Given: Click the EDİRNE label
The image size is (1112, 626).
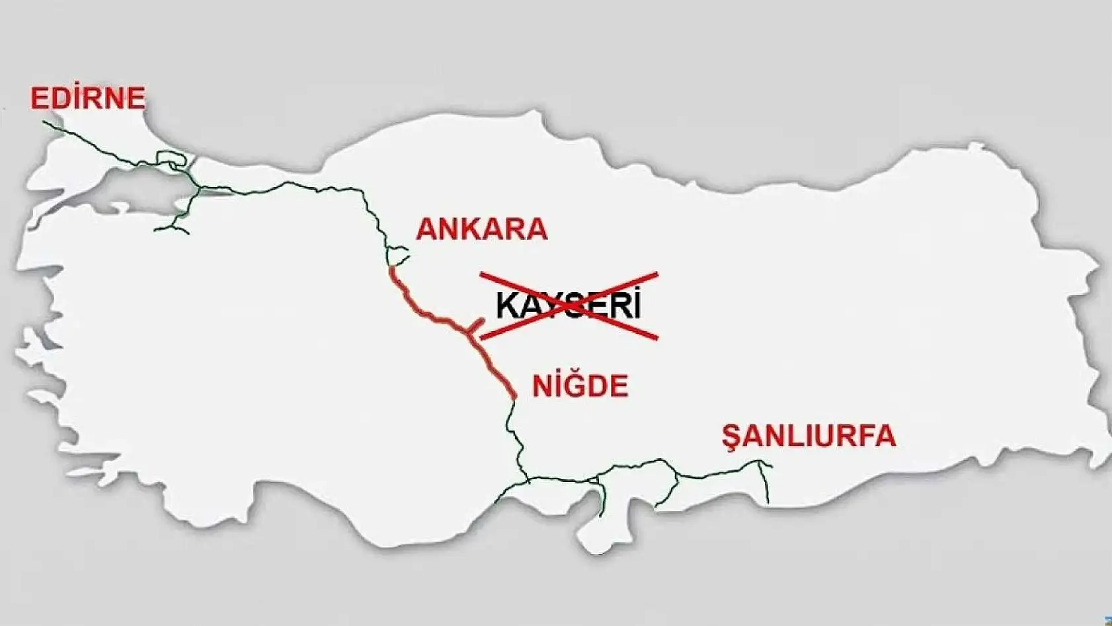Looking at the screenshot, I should point(87,98).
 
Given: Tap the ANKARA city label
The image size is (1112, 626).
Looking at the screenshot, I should point(481,229).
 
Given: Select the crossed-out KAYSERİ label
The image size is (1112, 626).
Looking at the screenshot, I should point(569,306).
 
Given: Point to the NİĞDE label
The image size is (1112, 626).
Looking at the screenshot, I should point(580,386).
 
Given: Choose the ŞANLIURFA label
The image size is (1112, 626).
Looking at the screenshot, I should point(809,436).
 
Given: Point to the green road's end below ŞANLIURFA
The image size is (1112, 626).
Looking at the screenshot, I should point(768,500).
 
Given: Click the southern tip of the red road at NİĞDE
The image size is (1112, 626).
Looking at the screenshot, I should point(514,397).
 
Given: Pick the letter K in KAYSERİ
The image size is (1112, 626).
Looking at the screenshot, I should point(506,306).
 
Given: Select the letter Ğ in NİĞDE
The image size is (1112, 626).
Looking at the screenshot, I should point(577,385).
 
